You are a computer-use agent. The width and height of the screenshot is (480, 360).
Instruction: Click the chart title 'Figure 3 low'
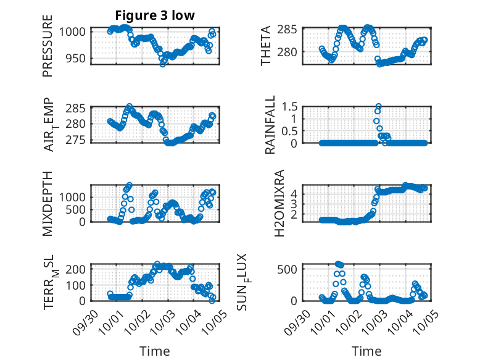[155, 15]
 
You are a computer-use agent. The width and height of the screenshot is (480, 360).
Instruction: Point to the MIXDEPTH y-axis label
[48, 203]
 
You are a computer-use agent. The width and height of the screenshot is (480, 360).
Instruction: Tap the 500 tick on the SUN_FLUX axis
[292, 269]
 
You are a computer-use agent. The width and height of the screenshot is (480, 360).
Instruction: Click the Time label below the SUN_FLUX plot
[366, 351]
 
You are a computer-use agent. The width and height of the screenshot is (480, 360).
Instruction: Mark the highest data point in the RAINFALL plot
[378, 106]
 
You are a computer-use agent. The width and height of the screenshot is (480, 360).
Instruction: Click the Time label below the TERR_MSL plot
[155, 351]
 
